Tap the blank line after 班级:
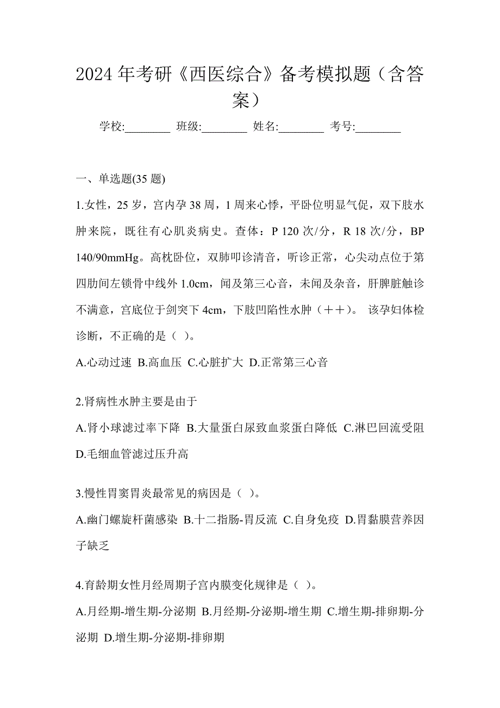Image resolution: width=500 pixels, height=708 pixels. coord(224,129)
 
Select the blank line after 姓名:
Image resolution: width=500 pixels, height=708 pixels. coord(301,129)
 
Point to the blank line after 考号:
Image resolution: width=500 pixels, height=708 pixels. coord(378,129)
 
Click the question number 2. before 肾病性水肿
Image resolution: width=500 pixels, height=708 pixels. coord(79,402)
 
